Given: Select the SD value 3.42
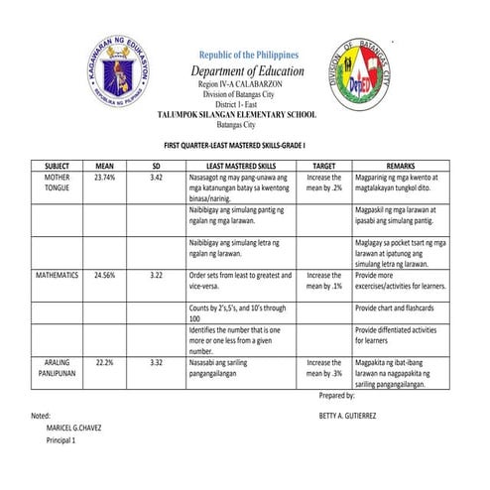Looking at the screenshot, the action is [x=156, y=177].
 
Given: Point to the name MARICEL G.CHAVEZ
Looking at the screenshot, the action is [x=74, y=428].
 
